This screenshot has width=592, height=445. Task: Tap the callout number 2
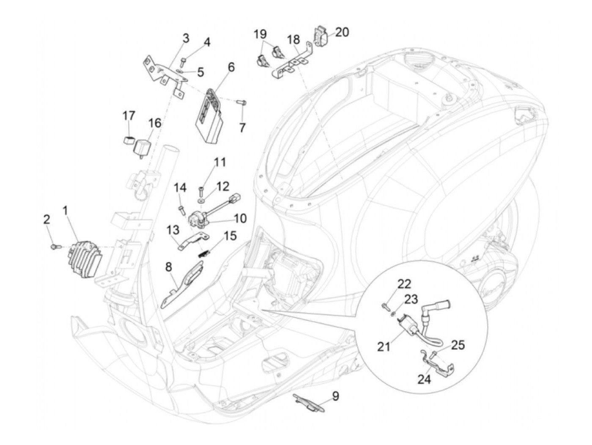click(x=47, y=219)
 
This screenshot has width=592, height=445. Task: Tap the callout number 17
click(x=129, y=115)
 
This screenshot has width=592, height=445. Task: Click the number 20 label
click(x=342, y=32)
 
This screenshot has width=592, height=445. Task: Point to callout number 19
click(x=260, y=33)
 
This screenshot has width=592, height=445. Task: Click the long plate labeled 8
click(x=182, y=286)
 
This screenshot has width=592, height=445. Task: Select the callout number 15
click(x=230, y=236)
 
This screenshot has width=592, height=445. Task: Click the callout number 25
click(x=458, y=345)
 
